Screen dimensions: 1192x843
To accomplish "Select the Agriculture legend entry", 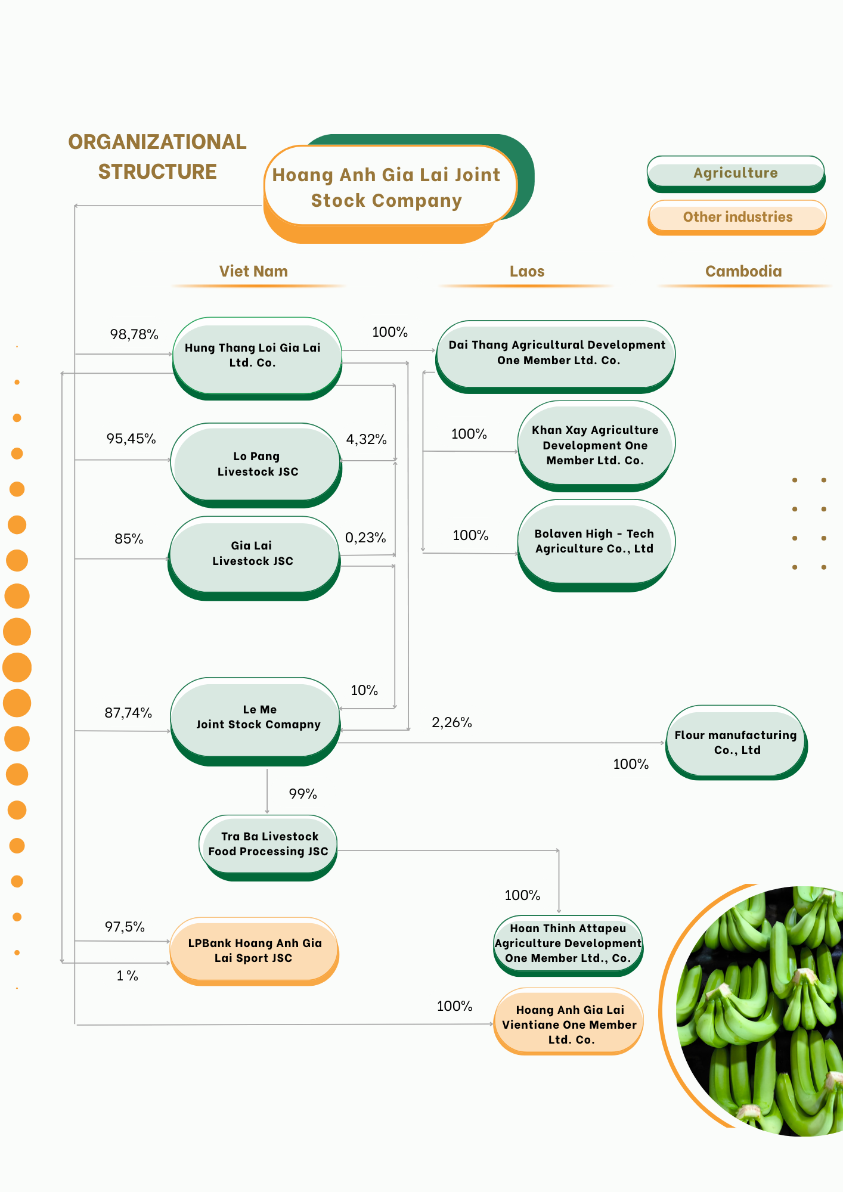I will [x=736, y=173].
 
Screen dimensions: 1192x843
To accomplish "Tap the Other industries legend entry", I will [x=737, y=217].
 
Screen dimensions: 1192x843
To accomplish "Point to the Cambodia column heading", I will [x=743, y=271].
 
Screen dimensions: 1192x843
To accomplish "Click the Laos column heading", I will [x=527, y=271].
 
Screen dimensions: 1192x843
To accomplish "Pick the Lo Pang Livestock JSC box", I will [x=256, y=464].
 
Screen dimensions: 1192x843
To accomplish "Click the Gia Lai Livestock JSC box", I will [x=253, y=554].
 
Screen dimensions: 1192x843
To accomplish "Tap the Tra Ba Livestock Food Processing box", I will [x=268, y=844].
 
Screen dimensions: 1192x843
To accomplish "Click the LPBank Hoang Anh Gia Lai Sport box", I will [x=255, y=950].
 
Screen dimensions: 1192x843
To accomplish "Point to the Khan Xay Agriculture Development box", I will [x=596, y=445].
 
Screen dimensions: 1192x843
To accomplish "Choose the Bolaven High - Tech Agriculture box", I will [x=595, y=541].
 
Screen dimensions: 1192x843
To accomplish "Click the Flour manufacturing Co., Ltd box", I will [x=736, y=742].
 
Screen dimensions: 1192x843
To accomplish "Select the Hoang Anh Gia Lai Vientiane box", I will [x=569, y=1024].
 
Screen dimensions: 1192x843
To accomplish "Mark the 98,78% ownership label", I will [x=134, y=334].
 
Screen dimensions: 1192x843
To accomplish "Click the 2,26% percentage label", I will [x=452, y=722].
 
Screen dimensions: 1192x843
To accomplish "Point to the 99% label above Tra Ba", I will [x=303, y=794].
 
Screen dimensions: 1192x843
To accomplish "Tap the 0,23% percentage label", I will [x=365, y=538].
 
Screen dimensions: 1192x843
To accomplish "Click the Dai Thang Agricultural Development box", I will [x=556, y=353].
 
